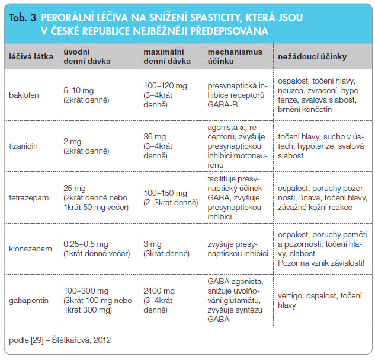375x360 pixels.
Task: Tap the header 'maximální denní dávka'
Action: [x=167, y=57]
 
